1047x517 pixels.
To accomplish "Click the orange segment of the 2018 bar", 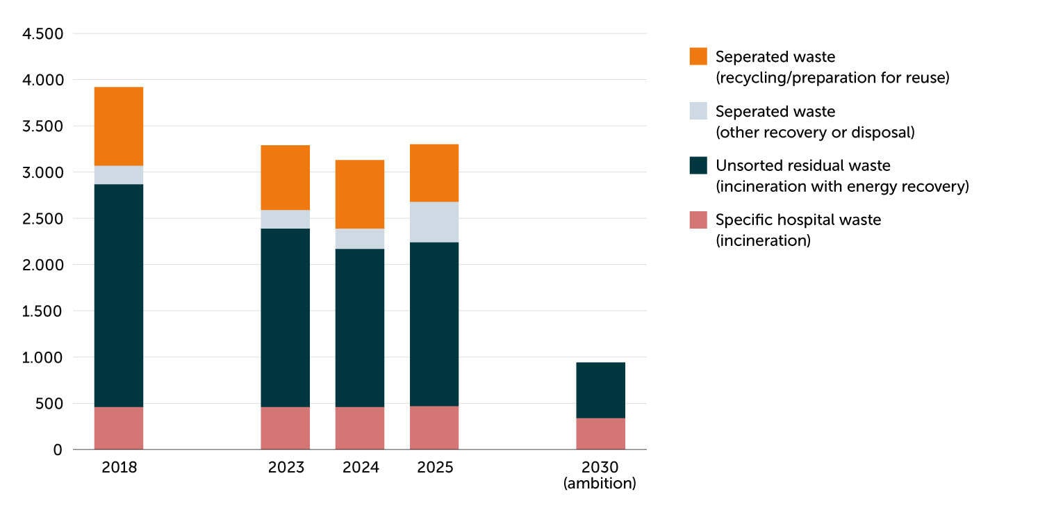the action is click(x=119, y=126).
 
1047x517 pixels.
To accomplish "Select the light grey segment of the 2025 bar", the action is click(x=434, y=222).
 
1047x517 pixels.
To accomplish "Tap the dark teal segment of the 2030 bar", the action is click(x=601, y=391).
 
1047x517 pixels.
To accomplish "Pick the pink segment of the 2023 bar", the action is click(x=285, y=428).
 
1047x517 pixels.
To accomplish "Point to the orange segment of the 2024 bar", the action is click(x=360, y=195).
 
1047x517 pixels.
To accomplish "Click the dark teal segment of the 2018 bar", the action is click(x=119, y=295).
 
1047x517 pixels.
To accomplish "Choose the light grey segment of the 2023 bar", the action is click(x=285, y=219).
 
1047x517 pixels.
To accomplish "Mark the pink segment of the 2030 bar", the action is click(x=601, y=434).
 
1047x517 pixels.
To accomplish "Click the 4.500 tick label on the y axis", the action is click(x=42, y=33).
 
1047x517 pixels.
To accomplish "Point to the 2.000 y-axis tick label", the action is click(x=42, y=265).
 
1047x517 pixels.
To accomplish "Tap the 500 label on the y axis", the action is click(x=49, y=404).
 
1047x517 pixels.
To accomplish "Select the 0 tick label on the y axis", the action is click(x=58, y=450).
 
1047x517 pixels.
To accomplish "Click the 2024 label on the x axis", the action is click(x=361, y=467).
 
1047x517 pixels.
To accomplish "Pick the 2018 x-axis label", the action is click(x=119, y=467).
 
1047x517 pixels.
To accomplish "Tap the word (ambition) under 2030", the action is click(x=600, y=483).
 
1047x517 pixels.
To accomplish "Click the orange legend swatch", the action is click(x=698, y=56).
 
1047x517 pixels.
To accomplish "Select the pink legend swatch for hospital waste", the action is click(x=698, y=220).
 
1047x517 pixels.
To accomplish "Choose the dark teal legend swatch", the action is click(x=698, y=165).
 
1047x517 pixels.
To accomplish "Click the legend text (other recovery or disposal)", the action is click(x=815, y=132).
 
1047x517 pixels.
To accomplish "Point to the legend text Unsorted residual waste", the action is click(x=803, y=165).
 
